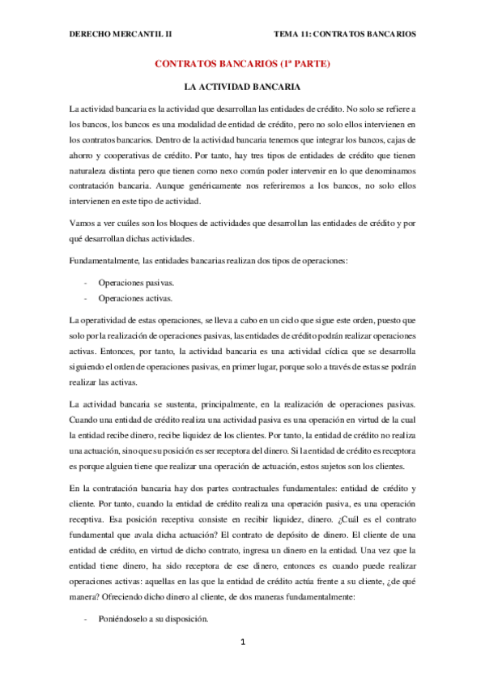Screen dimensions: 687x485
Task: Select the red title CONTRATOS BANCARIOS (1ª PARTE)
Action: click(243, 63)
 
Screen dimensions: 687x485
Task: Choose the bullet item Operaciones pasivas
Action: click(135, 283)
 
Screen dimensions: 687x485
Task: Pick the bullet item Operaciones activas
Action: click(135, 297)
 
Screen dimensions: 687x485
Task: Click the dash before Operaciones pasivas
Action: click(86, 283)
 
